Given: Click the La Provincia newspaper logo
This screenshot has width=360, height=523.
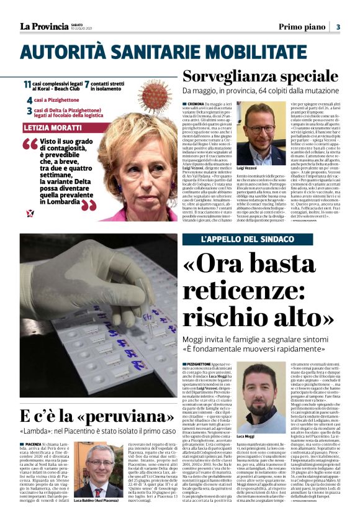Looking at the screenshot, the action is [x=43, y=26].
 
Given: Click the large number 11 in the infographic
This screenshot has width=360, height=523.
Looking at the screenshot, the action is [x=28, y=84].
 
